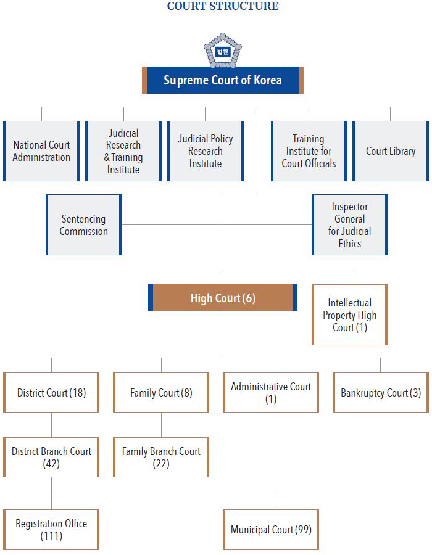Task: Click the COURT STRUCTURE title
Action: click(x=223, y=7)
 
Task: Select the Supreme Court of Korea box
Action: click(x=223, y=80)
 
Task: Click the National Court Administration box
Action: click(x=41, y=151)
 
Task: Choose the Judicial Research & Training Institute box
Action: click(x=123, y=151)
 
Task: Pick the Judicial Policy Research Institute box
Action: click(x=206, y=151)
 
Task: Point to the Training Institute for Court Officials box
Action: click(x=309, y=151)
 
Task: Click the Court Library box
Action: click(x=391, y=151)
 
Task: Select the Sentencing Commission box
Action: click(x=84, y=225)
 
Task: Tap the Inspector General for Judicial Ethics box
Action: click(x=350, y=225)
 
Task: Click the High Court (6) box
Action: click(x=223, y=298)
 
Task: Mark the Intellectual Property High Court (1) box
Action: click(x=350, y=315)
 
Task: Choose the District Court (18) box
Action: click(x=51, y=393)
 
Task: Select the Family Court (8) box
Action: click(x=161, y=393)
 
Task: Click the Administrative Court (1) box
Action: click(x=271, y=393)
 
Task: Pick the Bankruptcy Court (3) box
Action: click(x=381, y=393)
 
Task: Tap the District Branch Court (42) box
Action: click(x=51, y=458)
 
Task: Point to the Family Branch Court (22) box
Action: click(x=161, y=458)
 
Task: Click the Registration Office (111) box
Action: click(x=51, y=530)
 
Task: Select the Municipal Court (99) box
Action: click(x=271, y=530)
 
